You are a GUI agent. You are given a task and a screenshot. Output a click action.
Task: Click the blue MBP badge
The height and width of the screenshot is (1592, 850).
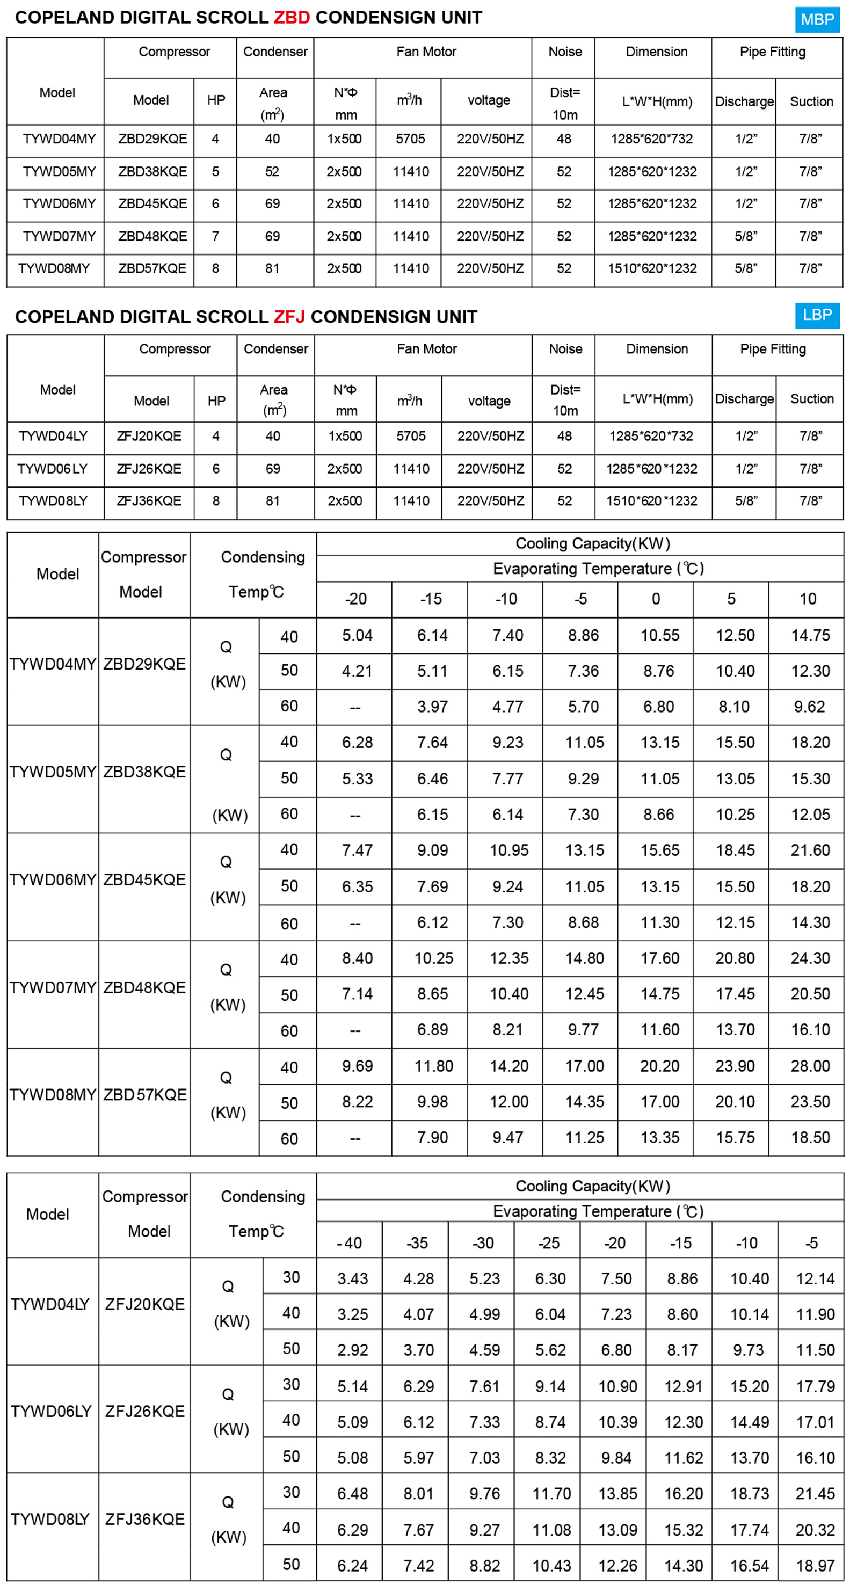[817, 20]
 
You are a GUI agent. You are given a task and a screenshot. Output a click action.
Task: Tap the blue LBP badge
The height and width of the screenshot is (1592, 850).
[817, 315]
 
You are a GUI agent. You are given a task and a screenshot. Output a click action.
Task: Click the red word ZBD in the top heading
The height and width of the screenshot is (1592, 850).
[292, 17]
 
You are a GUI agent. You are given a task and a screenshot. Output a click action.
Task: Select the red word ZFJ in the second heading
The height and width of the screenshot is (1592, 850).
[289, 316]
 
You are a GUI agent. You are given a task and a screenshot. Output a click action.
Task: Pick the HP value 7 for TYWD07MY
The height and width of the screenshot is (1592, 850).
[215, 236]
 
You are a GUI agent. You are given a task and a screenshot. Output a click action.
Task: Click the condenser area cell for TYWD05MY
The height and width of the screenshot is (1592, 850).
[272, 172]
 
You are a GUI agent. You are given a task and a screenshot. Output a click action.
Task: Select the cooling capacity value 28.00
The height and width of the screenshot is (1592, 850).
[810, 1065]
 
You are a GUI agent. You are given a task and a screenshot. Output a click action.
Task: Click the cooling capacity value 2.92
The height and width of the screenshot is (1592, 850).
[352, 1350]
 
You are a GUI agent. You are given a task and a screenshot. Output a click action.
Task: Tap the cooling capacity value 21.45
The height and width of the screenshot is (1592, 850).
[815, 1493]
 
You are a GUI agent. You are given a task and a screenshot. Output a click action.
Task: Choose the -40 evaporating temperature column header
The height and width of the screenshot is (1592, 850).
[349, 1242]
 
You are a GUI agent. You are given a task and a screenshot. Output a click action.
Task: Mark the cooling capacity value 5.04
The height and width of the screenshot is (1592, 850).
[357, 635]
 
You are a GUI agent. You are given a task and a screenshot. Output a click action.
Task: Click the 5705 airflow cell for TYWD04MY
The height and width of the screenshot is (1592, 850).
[410, 139]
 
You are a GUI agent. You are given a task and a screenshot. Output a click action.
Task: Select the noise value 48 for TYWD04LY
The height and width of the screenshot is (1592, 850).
[564, 437]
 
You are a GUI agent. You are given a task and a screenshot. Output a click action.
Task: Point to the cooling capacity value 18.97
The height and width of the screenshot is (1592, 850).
[815, 1566]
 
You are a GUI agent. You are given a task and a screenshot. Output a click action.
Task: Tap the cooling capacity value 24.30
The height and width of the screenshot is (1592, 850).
[810, 958]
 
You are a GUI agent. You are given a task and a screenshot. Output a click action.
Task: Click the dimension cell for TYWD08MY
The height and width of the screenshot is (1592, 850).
[652, 268]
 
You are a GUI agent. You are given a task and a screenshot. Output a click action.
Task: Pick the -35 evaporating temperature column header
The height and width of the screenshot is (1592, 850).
[417, 1242]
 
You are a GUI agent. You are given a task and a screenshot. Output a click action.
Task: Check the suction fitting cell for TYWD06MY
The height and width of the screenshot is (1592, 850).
[810, 204]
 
